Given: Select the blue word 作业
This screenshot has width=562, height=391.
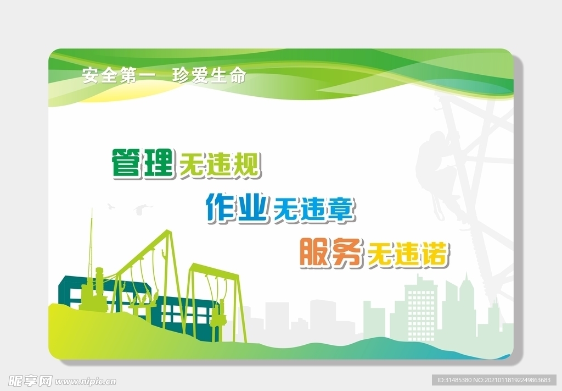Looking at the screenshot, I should click(x=237, y=207).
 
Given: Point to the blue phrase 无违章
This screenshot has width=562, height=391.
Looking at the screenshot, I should click(x=313, y=210).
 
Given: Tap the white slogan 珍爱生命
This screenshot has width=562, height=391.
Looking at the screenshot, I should click(x=209, y=75).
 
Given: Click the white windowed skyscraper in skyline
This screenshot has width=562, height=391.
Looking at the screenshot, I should click(x=420, y=308).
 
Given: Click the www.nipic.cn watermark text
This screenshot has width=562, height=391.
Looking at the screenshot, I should click(x=85, y=381).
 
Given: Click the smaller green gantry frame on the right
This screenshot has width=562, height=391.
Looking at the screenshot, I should click(x=211, y=297).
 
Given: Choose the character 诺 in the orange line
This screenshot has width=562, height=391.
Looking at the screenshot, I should click(x=436, y=255).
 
